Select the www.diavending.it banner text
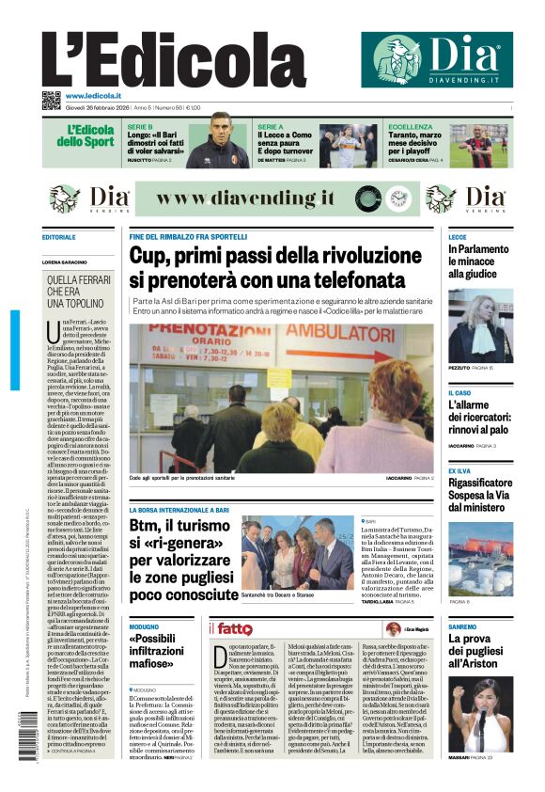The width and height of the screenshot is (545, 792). [x=247, y=199]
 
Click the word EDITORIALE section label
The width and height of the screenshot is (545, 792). [x=59, y=238]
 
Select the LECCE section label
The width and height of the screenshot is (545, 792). [x=458, y=238]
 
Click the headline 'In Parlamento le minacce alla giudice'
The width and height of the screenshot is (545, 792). [x=478, y=261]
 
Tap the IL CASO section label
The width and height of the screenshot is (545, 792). [x=459, y=392]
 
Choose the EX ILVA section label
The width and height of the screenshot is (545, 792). [x=460, y=470]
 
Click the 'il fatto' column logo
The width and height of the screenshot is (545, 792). [x=230, y=628]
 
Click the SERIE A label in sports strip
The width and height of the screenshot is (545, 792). [x=271, y=126]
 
